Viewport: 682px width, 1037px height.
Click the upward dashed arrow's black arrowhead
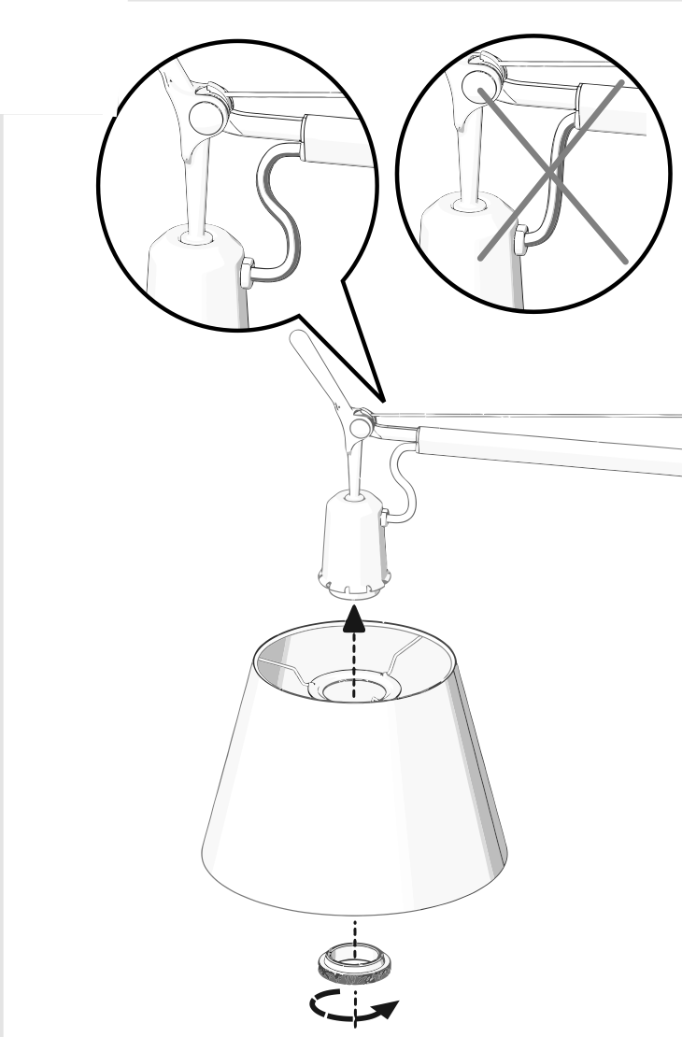pyautogui.click(x=354, y=617)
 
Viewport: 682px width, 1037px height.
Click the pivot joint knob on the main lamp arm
pyautogui.click(x=358, y=428)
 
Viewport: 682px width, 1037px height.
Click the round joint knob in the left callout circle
pyautogui.click(x=205, y=116)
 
